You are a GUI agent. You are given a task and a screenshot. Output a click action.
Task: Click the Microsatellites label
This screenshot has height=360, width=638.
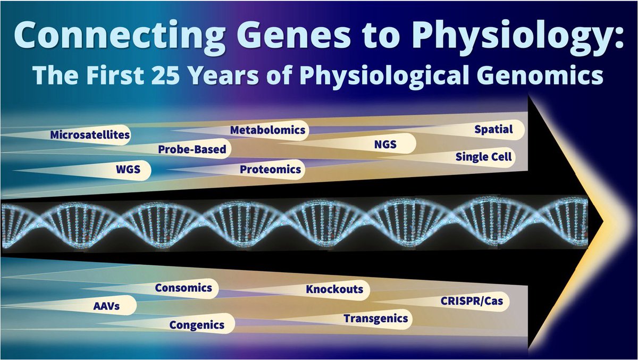pos(90,135)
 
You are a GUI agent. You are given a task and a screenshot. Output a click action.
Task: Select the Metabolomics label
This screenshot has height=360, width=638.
pos(267,130)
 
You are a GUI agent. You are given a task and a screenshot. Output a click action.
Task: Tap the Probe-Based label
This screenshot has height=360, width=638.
pos(192,150)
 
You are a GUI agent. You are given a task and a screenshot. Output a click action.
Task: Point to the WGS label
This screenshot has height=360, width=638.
pos(129,171)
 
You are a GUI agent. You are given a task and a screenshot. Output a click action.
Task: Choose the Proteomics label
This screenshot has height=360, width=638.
pos(270,170)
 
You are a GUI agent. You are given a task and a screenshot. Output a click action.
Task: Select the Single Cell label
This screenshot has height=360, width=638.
pos(483,157)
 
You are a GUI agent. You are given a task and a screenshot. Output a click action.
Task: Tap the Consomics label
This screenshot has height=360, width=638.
pos(183,288)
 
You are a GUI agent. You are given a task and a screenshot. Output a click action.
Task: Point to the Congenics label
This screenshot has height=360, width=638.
pos(197,324)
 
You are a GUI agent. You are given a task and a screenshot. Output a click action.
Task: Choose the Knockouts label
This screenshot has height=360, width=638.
pos(334,290)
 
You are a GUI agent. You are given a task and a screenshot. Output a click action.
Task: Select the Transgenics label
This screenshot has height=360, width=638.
pos(375,319)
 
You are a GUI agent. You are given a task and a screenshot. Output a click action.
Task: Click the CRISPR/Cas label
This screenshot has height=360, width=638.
pos(471,301)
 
